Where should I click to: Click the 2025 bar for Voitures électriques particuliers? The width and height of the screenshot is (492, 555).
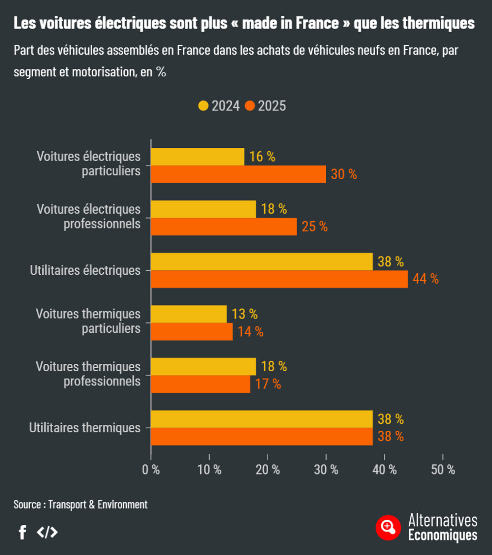click(238, 174)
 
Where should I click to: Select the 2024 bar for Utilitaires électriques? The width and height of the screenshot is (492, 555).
click(261, 262)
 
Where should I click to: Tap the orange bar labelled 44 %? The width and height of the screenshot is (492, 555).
click(279, 279)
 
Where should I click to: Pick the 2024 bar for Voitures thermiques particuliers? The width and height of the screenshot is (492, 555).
click(189, 314)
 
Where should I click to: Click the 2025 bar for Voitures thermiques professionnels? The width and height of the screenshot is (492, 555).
click(200, 384)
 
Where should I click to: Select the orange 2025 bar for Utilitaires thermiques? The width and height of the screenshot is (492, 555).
click(261, 437)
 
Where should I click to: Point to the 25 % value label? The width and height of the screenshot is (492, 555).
click(314, 227)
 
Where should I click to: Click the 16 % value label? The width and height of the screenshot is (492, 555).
click(262, 157)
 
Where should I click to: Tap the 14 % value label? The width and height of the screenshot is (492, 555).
click(250, 332)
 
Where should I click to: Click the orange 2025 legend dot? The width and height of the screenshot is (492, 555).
click(250, 106)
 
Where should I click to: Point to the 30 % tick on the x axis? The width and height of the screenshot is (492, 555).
click(326, 470)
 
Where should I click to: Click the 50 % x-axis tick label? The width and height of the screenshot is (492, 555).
click(442, 470)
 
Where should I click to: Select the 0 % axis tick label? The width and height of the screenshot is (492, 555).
click(151, 470)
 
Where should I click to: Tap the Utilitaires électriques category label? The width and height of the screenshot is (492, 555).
click(85, 271)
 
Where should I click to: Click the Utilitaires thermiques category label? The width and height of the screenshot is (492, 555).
click(85, 428)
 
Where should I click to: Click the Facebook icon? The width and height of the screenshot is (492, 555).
click(22, 532)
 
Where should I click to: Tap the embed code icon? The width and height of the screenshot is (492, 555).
click(47, 532)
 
